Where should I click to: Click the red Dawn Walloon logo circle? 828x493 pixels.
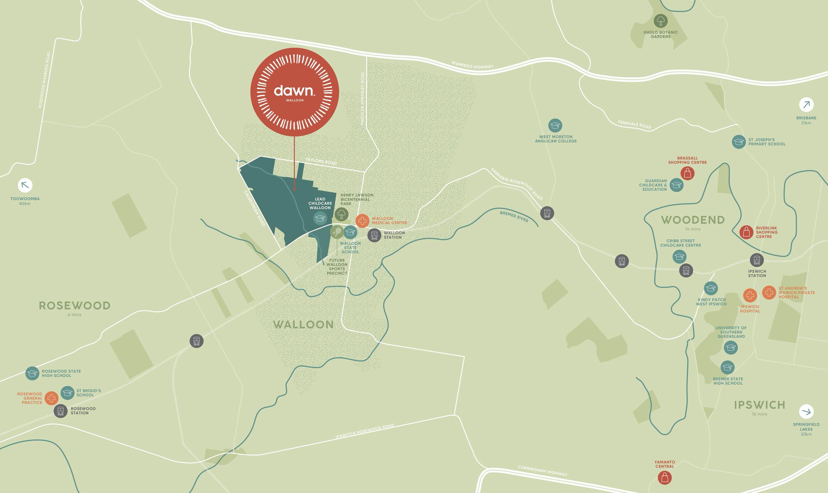click(x=294, y=91)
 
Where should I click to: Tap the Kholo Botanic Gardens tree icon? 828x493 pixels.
click(x=660, y=21)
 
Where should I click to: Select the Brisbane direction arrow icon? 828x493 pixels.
click(x=806, y=105)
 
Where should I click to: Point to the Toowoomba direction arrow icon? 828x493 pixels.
click(x=25, y=185)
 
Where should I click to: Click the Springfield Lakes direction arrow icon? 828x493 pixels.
click(x=806, y=411)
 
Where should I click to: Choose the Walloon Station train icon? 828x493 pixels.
click(x=374, y=236)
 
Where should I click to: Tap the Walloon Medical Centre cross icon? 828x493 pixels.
click(x=362, y=221)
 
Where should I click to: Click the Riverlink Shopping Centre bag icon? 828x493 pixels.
click(x=746, y=232)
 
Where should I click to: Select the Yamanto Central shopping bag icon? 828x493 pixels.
click(x=665, y=478)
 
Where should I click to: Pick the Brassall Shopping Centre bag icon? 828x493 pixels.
click(x=688, y=173)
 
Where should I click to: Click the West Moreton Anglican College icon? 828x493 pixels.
click(x=555, y=125)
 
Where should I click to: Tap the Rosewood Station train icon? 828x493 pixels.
click(x=60, y=411)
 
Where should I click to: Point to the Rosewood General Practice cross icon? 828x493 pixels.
click(x=52, y=398)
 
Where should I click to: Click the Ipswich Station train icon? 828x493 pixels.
click(x=757, y=260)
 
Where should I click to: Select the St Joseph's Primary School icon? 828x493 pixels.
click(x=739, y=142)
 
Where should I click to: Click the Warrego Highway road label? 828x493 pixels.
click(x=472, y=65)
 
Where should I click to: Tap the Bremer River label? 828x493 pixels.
click(x=514, y=216)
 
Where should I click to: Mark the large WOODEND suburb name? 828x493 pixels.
click(x=693, y=220)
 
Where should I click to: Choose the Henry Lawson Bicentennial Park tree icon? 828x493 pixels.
click(x=342, y=214)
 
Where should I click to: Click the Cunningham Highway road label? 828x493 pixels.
click(x=542, y=471)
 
